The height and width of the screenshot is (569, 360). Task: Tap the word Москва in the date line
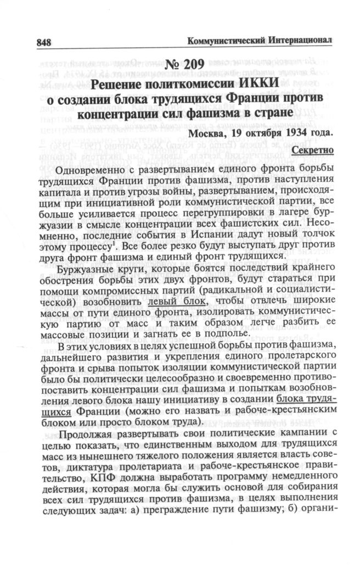click(206, 133)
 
